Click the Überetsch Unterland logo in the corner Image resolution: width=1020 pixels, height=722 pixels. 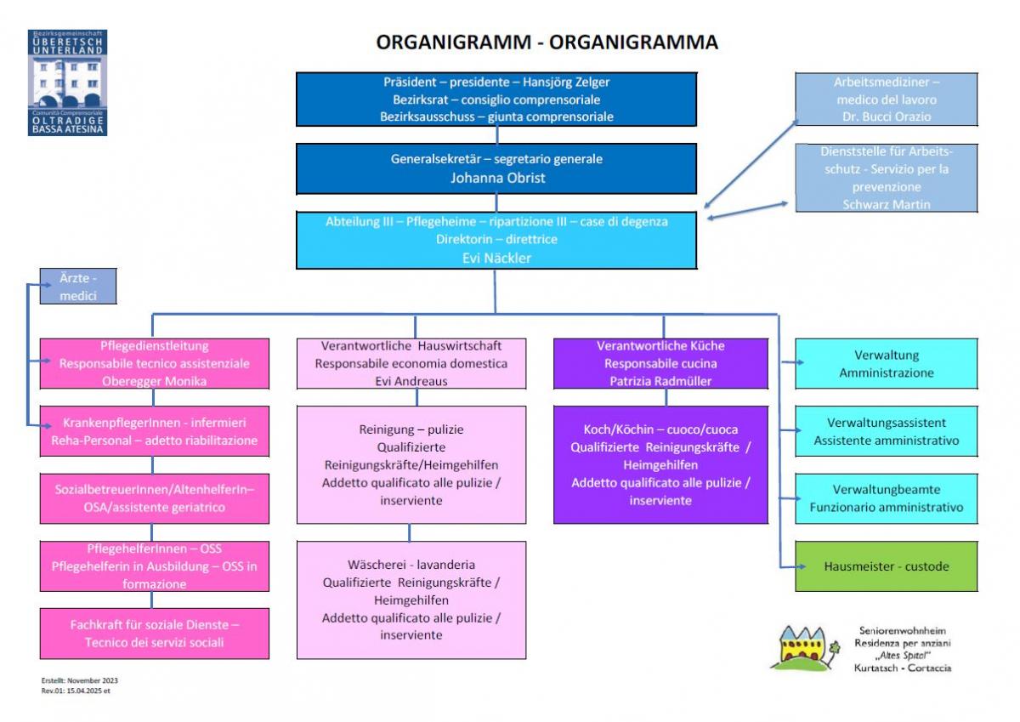(68, 82)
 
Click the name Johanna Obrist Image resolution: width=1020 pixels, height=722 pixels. (496, 179)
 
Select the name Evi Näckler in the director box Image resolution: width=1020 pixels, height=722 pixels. (496, 258)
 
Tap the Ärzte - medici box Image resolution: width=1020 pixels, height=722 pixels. (78, 287)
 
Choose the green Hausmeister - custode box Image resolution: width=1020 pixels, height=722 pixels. (886, 566)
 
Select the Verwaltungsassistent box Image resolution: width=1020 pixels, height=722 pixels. (886, 431)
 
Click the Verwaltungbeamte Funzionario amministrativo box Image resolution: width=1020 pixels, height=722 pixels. (886, 498)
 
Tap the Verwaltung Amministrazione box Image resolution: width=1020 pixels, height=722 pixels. (886, 364)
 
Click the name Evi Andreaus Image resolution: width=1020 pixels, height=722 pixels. (411, 381)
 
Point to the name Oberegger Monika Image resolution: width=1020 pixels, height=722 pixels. (154, 381)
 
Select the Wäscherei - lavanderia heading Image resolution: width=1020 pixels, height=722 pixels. (411, 565)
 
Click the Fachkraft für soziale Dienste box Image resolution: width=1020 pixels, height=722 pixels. (154, 634)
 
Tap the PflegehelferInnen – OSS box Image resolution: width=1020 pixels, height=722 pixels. (154, 566)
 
